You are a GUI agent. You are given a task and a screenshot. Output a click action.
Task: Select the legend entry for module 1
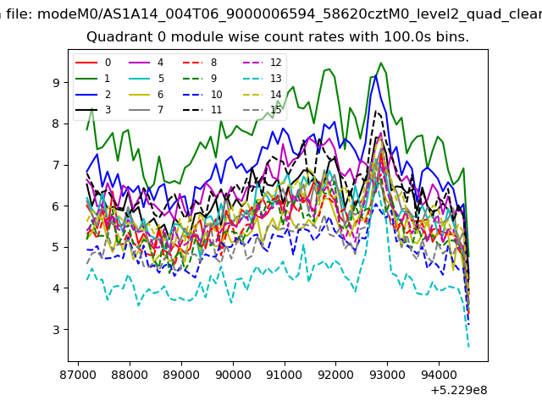point(92,79)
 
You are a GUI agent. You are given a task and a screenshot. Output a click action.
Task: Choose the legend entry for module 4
point(146,63)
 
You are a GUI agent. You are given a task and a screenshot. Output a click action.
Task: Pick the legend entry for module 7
point(146,110)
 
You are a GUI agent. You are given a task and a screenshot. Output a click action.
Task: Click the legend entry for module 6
point(146,95)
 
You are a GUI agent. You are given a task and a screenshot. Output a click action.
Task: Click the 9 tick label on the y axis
point(56,83)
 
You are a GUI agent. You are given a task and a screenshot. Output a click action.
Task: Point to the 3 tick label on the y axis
point(56,330)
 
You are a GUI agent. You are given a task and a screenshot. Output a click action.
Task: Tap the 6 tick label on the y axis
point(56,206)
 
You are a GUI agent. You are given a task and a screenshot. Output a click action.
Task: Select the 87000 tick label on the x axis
point(78,375)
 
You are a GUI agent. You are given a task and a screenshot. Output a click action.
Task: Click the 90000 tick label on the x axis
point(233,375)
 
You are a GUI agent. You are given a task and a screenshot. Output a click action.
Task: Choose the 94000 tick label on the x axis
point(439,375)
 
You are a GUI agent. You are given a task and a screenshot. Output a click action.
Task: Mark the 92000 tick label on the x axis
point(336,375)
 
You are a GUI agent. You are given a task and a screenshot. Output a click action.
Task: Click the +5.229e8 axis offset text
point(459,391)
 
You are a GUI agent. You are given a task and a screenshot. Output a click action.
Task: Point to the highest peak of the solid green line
point(381,63)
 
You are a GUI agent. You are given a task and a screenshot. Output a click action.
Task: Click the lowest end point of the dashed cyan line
point(468,347)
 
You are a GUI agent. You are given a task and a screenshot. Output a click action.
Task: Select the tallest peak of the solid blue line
point(376,76)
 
